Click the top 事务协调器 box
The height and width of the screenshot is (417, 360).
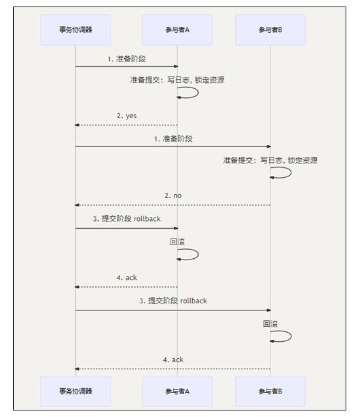click(76, 30)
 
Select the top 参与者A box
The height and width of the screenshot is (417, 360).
click(177, 30)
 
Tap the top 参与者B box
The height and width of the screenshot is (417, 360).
click(270, 30)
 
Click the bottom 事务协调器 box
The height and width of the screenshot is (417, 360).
click(76, 392)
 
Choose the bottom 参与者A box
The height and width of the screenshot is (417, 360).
click(177, 392)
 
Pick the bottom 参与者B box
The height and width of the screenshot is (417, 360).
click(270, 392)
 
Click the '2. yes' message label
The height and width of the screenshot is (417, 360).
click(127, 116)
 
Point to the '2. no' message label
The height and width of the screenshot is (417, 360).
click(173, 195)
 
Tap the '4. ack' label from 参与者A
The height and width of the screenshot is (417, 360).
click(127, 278)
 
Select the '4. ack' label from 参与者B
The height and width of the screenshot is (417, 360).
click(173, 360)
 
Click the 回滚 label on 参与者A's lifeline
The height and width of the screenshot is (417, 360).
click(177, 242)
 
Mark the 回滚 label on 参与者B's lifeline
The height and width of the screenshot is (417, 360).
click(270, 324)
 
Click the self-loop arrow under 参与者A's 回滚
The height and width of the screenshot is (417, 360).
click(198, 254)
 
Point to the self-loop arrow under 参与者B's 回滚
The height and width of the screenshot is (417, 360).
click(291, 337)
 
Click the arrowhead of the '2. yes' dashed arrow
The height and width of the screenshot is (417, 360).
click(77, 125)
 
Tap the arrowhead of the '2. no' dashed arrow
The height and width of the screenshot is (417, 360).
click(77, 205)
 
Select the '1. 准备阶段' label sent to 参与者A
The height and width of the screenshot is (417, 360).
click(127, 59)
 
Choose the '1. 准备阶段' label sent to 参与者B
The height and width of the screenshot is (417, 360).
click(173, 139)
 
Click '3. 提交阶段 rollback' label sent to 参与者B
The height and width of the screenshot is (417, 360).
click(173, 301)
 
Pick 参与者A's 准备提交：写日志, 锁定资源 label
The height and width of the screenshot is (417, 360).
click(177, 80)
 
